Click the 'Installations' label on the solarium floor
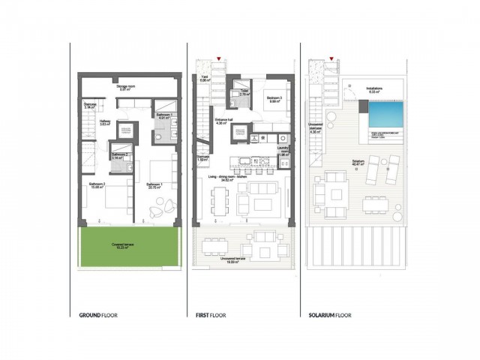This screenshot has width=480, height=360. (x=374, y=88)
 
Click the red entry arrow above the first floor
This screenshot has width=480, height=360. (x=217, y=58)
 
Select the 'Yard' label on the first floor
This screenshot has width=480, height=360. (x=203, y=76)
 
